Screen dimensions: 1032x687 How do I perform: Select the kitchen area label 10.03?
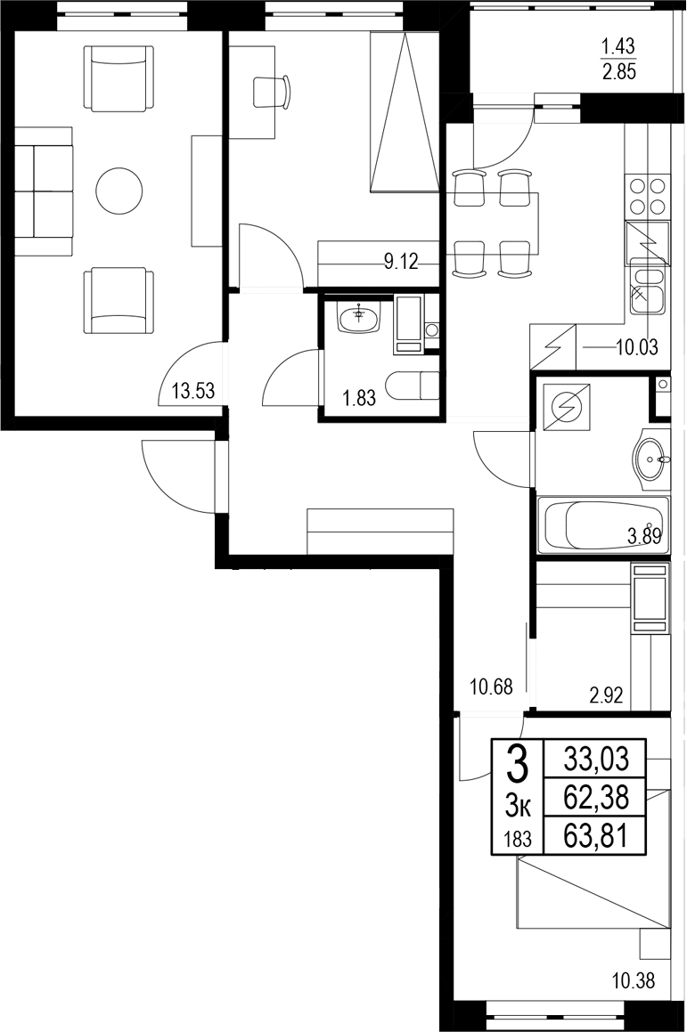636,347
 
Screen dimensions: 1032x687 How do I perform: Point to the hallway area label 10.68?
490,686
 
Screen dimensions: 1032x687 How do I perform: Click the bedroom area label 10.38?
634,982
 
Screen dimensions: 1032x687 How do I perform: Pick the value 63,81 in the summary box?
596,836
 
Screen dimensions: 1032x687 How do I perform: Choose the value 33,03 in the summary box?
596,760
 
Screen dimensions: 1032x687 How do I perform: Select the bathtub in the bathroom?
602,525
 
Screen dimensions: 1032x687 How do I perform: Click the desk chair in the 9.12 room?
272,91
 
